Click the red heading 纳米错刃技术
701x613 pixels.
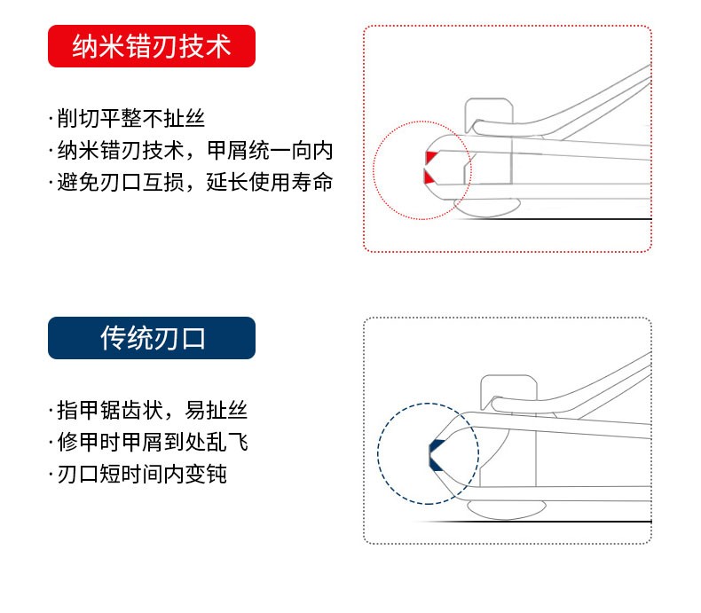click(x=152, y=46)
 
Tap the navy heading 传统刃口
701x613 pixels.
click(x=153, y=338)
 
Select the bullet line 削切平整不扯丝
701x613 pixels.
click(x=127, y=119)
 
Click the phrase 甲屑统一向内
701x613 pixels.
click(x=270, y=151)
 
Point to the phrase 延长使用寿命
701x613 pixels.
click(x=270, y=182)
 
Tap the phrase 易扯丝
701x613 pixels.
click(x=216, y=410)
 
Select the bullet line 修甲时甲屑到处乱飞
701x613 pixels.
click(x=148, y=442)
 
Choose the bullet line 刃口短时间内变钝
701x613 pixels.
click(x=138, y=474)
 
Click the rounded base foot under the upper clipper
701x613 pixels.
click(x=487, y=208)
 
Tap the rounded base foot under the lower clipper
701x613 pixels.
click(x=506, y=510)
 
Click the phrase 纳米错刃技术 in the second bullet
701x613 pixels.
click(x=121, y=151)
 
